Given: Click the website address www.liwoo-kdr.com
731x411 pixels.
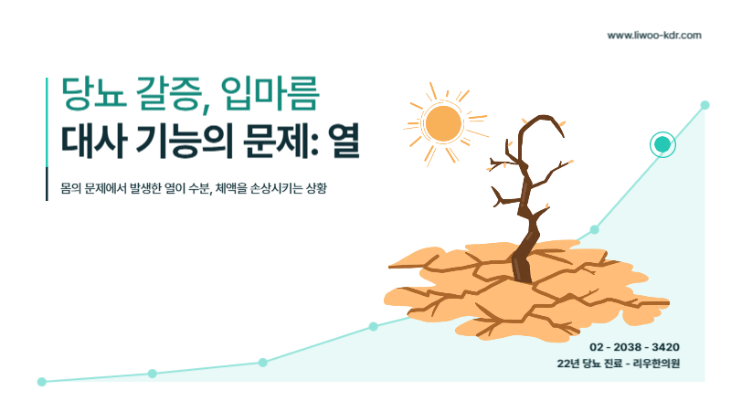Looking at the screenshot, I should pyautogui.click(x=654, y=36).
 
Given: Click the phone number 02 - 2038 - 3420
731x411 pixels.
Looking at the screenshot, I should pyautogui.click(x=634, y=348).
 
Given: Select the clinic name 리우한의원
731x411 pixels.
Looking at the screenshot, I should pyautogui.click(x=656, y=364).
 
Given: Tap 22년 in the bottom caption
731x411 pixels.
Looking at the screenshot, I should pyautogui.click(x=567, y=364).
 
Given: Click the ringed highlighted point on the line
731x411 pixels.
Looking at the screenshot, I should pyautogui.click(x=662, y=144).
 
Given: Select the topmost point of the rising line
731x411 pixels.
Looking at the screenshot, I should pyautogui.click(x=705, y=105).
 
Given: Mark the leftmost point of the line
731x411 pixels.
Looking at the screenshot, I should pyautogui.click(x=41, y=382).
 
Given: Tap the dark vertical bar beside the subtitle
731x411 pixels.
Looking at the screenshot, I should pyautogui.click(x=47, y=184).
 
